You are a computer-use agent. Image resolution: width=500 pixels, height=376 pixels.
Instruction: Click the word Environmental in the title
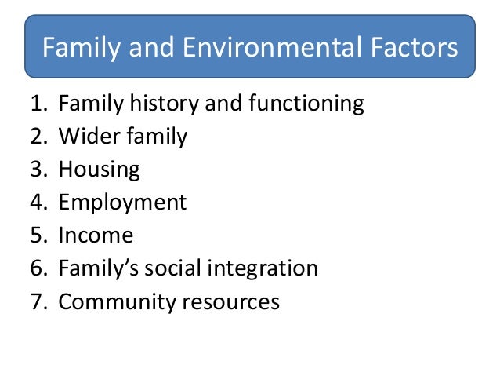point(255,49)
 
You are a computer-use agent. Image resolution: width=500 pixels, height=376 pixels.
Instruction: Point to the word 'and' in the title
point(149,49)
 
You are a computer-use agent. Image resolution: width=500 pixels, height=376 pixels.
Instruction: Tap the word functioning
point(298,104)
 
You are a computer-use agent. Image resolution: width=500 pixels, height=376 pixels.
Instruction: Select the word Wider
point(86,137)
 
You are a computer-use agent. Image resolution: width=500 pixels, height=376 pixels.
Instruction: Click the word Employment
point(123,203)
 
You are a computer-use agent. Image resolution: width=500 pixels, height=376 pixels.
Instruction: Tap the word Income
point(96,235)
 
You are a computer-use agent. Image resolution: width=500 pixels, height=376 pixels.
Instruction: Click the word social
point(172,268)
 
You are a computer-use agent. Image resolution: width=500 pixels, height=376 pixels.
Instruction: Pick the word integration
point(263,269)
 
